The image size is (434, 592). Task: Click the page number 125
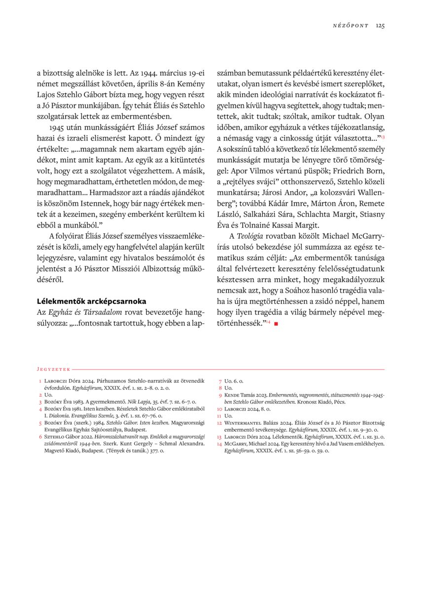[380, 26]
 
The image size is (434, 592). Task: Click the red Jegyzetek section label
[54, 369]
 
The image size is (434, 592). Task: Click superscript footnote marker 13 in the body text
[382, 136]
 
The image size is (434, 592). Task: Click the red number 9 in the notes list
[220, 395]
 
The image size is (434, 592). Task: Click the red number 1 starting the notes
[40, 381]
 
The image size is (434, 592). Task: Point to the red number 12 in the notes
[219, 423]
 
